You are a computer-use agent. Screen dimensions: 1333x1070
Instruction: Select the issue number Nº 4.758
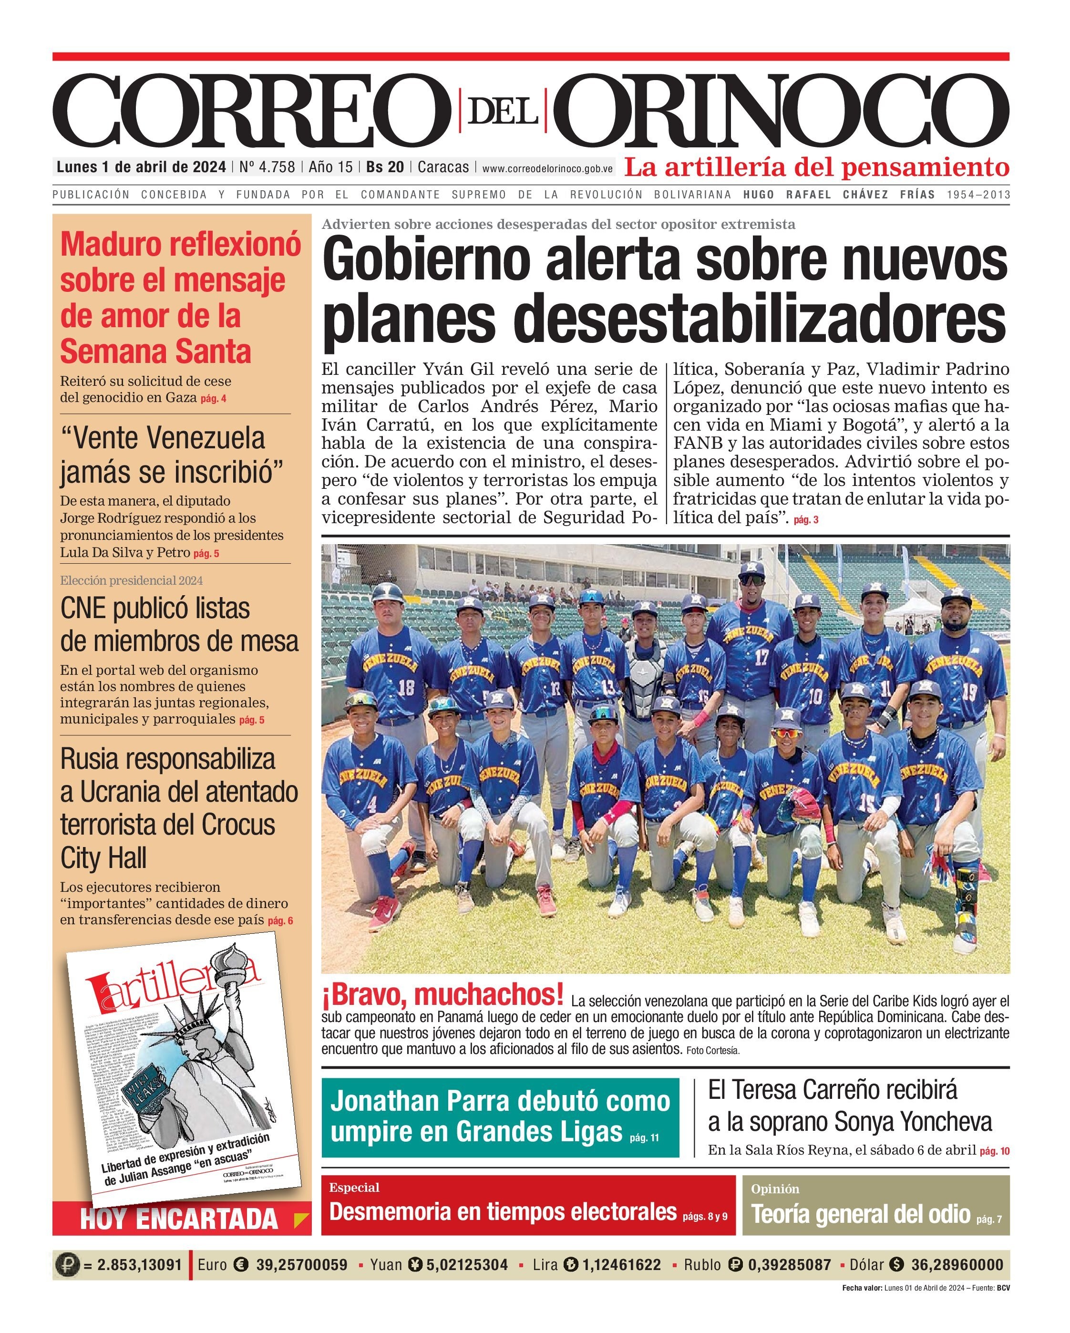[267, 167]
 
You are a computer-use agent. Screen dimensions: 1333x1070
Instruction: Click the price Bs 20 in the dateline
[385, 167]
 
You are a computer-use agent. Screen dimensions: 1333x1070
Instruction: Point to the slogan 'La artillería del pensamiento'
[816, 166]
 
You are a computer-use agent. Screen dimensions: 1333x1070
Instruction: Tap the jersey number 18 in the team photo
[406, 688]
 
